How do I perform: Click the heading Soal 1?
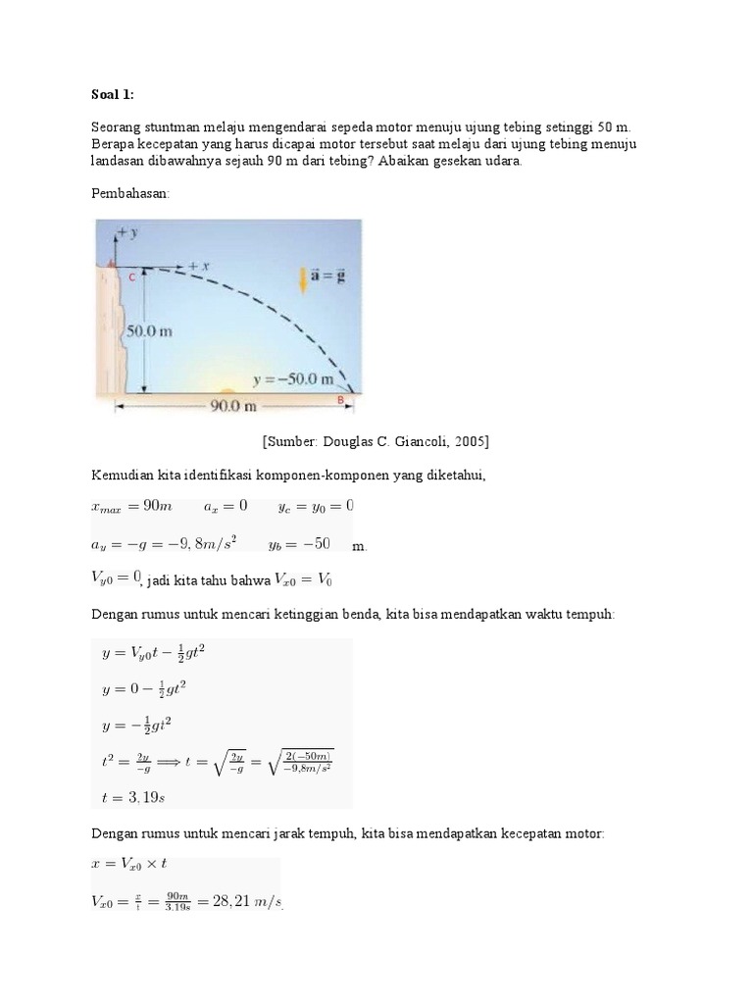tap(112, 94)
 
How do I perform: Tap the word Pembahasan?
tap(130, 194)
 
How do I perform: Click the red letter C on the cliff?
tap(131, 278)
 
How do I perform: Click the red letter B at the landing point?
tap(340, 400)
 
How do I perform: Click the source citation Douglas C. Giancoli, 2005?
tap(376, 441)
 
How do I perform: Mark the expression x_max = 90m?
tap(131, 507)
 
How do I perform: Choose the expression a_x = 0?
tap(226, 507)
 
